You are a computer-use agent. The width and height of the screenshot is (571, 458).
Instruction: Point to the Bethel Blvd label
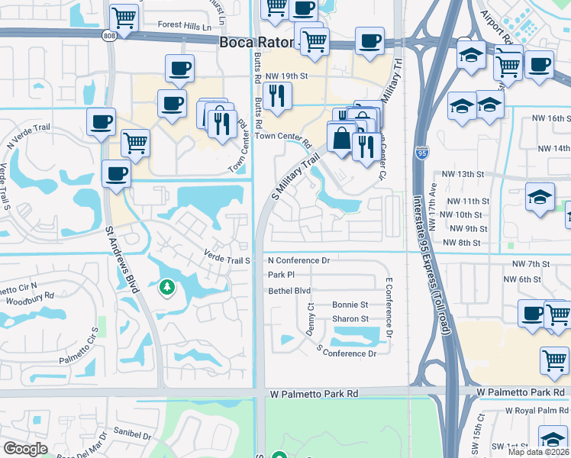289,291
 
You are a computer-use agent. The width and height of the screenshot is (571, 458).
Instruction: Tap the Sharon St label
350,319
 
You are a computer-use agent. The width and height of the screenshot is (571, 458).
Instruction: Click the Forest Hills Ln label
185,24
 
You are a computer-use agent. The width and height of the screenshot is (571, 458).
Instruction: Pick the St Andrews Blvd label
123,258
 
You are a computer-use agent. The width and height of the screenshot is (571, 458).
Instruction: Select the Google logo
25,448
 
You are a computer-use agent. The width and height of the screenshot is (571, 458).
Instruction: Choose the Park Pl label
281,274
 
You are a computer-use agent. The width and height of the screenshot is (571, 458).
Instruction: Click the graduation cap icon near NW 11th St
540,197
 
